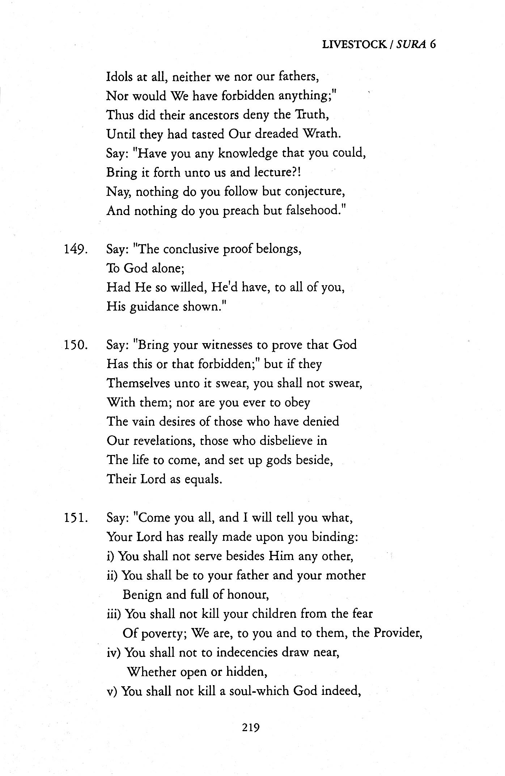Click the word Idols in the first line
pyautogui.click(x=120, y=77)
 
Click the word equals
pyautogui.click(x=203, y=480)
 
